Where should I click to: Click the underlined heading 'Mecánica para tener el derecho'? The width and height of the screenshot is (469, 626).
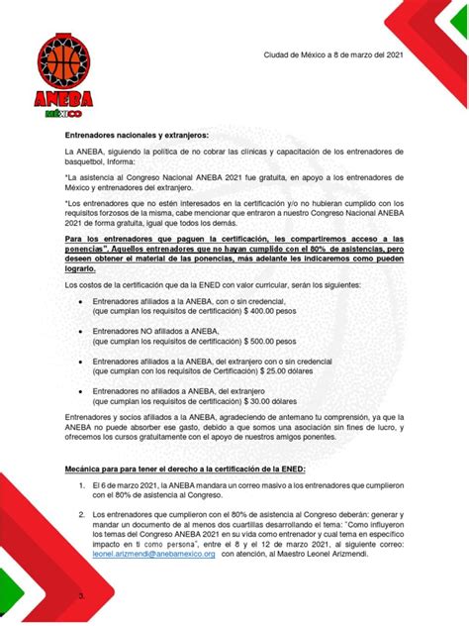[x=186, y=468]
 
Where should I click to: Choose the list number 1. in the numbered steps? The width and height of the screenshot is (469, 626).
[x=82, y=486]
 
